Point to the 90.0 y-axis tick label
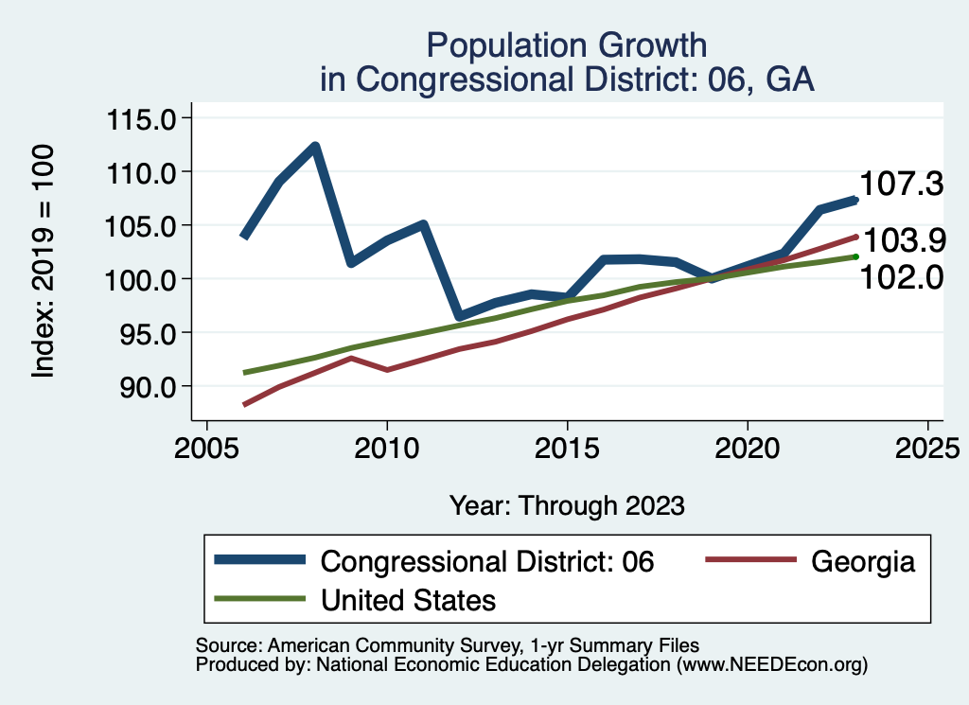click(x=150, y=387)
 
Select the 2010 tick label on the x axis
click(x=387, y=446)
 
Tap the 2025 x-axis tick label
click(x=927, y=446)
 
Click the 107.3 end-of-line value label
click(x=901, y=185)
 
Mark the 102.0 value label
click(x=901, y=278)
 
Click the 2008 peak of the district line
click(x=315, y=147)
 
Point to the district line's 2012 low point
click(x=459, y=316)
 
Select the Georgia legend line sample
click(x=748, y=561)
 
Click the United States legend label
click(x=408, y=599)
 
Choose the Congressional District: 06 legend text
click(x=487, y=561)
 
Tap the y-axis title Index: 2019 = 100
click(x=44, y=262)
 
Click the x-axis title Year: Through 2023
click(x=566, y=504)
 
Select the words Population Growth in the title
click(x=566, y=44)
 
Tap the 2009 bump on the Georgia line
click(x=350, y=358)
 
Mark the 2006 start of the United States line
click(x=244, y=373)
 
